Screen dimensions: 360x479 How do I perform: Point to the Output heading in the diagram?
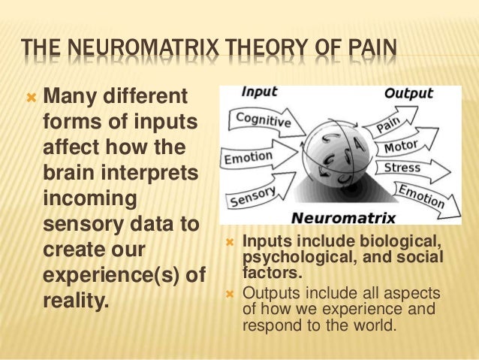click(408, 94)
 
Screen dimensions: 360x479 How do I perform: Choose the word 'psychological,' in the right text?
click(284, 258)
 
